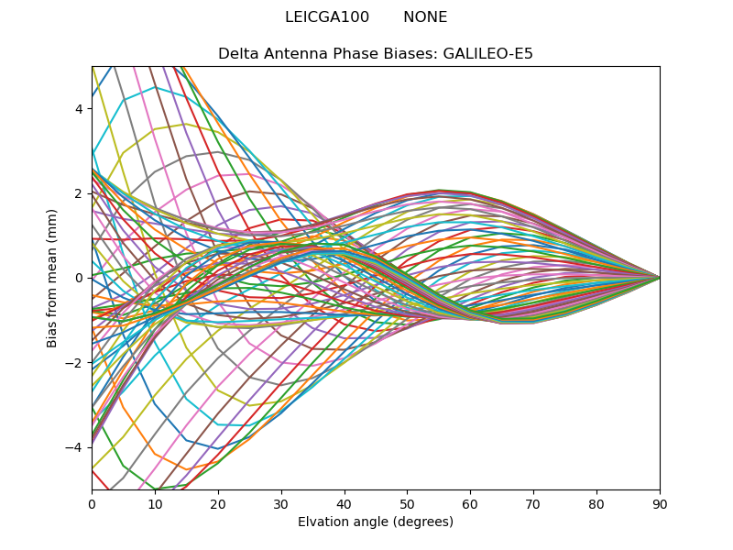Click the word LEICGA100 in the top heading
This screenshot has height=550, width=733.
point(327,17)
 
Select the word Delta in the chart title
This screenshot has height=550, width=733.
point(237,54)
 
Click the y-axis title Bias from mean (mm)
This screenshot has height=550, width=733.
point(52,277)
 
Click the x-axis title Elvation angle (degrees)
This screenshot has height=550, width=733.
point(376,522)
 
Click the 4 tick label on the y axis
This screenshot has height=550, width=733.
point(80,108)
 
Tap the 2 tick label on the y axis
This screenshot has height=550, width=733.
point(80,192)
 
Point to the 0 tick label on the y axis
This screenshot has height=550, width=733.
point(80,278)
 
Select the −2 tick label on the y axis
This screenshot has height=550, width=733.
point(76,362)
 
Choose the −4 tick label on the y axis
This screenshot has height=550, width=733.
point(76,446)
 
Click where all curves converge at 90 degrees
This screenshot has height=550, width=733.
point(659,277)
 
